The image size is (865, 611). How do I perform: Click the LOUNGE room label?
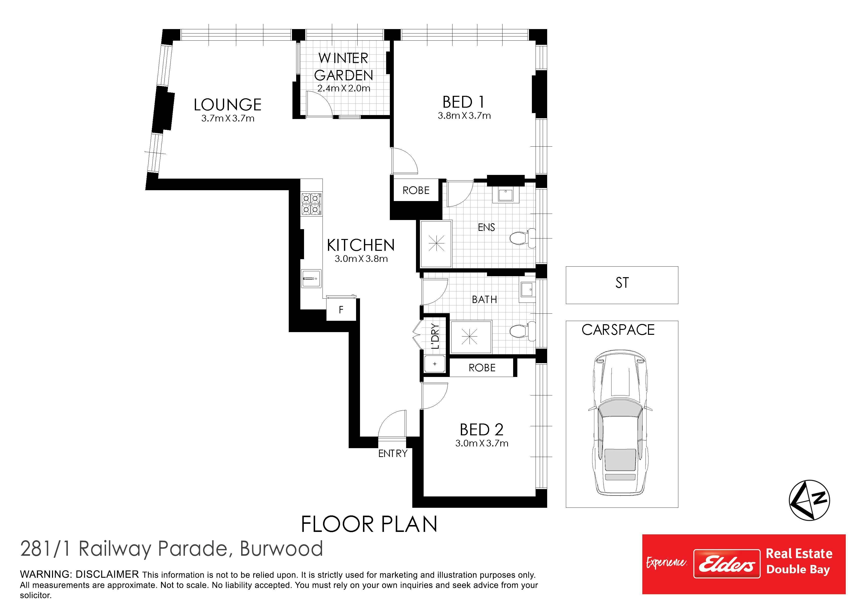pyautogui.click(x=228, y=105)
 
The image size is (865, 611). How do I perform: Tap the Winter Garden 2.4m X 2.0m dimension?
pyautogui.click(x=343, y=88)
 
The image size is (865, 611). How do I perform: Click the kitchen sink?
pyautogui.click(x=311, y=279)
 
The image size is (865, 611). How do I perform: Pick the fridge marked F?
pyautogui.click(x=341, y=309)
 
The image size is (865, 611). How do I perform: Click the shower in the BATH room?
pyautogui.click(x=471, y=337)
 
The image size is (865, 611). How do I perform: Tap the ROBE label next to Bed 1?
pyautogui.click(x=416, y=190)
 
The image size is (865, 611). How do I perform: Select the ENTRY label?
pyautogui.click(x=393, y=454)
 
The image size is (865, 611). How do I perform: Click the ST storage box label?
pyautogui.click(x=622, y=283)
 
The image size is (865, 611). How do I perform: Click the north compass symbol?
pyautogui.click(x=810, y=500)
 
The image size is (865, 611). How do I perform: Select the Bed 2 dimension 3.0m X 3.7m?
pyautogui.click(x=482, y=443)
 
